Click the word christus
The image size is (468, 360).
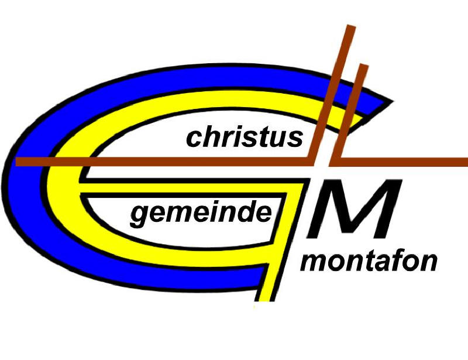[245, 138]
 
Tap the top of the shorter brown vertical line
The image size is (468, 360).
[364, 65]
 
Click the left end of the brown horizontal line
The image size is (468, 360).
[18, 162]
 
